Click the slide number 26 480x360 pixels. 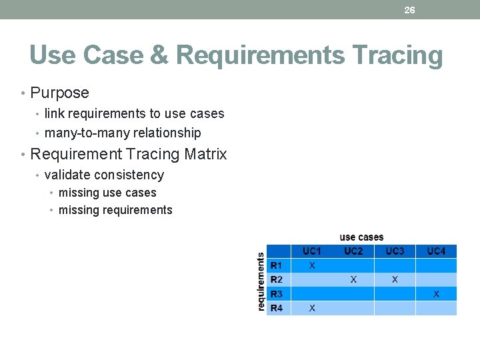[x=409, y=10]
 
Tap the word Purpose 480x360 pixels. [x=59, y=93]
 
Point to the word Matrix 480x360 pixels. [x=205, y=154]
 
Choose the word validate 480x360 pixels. [x=67, y=175]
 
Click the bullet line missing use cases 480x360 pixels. [x=107, y=193]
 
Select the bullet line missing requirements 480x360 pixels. [x=115, y=210]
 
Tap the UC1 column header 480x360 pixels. [x=312, y=251]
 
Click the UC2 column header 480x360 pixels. [x=353, y=251]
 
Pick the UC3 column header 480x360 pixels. [x=395, y=251]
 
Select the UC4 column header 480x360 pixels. [x=436, y=251]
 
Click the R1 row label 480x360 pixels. [x=276, y=265]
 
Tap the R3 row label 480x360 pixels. [x=276, y=294]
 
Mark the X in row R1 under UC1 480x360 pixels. [x=312, y=265]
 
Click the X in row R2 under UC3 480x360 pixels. [x=395, y=280]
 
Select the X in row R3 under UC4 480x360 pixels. [x=436, y=294]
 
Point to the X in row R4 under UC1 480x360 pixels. [x=312, y=308]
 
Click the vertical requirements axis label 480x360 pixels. [x=261, y=281]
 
